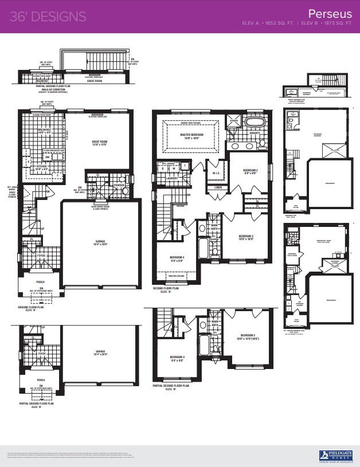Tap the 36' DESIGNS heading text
tap(48, 16)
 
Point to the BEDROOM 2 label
tap(249, 171)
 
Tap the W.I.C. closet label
tap(216, 174)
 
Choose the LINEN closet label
tap(218, 187)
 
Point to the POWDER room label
tap(119, 185)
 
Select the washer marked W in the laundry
tap(175, 168)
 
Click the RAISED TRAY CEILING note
tap(189, 123)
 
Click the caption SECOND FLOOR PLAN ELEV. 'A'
tap(167, 290)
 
